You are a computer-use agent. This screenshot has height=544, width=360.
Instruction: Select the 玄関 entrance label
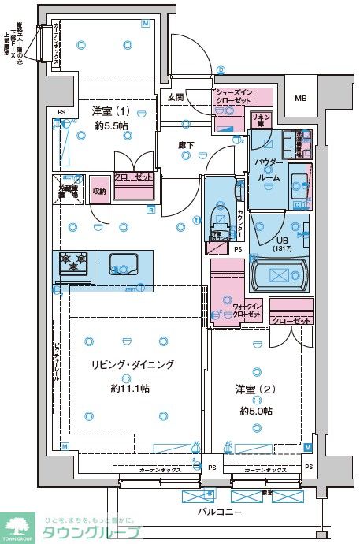[175, 98]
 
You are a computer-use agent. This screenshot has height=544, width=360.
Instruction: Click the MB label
[300, 99]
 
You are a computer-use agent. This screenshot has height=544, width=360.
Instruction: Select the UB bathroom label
[280, 240]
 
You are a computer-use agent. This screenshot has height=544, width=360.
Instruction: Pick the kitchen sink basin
[123, 263]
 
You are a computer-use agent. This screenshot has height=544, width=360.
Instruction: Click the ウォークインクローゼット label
[247, 309]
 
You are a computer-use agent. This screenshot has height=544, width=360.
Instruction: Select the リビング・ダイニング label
[132, 365]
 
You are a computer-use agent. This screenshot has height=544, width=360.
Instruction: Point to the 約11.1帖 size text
[131, 388]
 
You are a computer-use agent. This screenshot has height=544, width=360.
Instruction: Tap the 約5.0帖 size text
[258, 412]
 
